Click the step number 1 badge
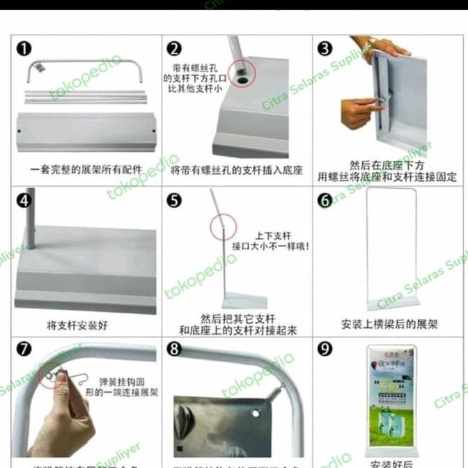click(x=24, y=49)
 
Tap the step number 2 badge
click(x=174, y=49)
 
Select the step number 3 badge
click(x=325, y=49)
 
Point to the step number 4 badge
click(x=24, y=201)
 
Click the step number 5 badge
click(x=174, y=201)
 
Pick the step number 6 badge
click(x=325, y=201)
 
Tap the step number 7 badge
click(x=24, y=349)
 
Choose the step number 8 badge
click(x=174, y=349)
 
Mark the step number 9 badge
click(x=325, y=349)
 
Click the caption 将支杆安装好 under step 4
click(x=77, y=325)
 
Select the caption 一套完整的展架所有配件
click(x=86, y=169)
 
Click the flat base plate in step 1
click(x=87, y=131)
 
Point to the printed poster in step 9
click(x=390, y=397)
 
